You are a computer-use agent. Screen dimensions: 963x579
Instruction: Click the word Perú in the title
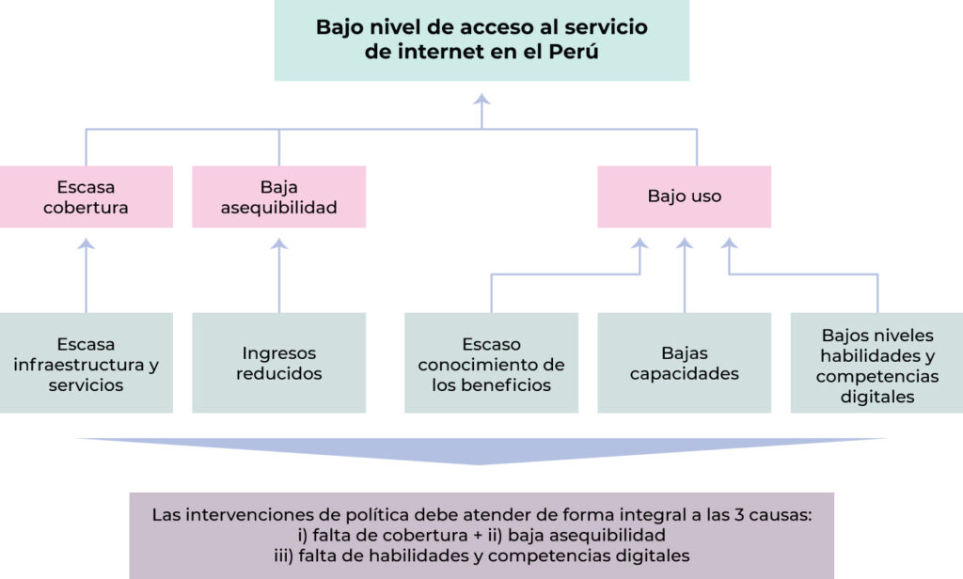tap(573, 51)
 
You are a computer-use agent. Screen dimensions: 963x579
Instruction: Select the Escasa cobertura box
tap(86, 196)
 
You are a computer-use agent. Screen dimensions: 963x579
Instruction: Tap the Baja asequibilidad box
tap(278, 196)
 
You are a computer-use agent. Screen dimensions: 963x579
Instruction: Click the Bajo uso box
tap(685, 196)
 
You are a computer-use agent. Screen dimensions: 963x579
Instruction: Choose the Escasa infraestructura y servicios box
tap(86, 363)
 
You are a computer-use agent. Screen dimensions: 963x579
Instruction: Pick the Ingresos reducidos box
tap(278, 363)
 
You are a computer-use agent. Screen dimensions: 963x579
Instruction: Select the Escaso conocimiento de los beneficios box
tap(491, 363)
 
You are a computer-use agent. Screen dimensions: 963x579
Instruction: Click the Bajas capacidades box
tap(685, 363)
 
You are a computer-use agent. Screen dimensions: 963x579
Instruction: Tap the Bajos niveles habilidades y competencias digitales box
tap(877, 363)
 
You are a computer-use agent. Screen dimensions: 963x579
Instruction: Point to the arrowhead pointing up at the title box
tap(481, 99)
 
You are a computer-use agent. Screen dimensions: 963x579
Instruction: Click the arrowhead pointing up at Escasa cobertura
tap(86, 243)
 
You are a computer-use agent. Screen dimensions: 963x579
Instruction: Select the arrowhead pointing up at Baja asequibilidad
tap(278, 243)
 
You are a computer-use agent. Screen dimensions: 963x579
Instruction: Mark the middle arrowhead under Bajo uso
tap(685, 243)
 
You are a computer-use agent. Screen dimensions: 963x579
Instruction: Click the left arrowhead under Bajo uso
tap(639, 243)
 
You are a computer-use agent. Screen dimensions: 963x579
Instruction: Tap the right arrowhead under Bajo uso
tap(729, 243)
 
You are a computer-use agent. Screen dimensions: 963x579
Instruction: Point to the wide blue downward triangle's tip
tap(479, 464)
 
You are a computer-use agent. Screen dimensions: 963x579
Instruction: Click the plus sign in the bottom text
tap(479, 536)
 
